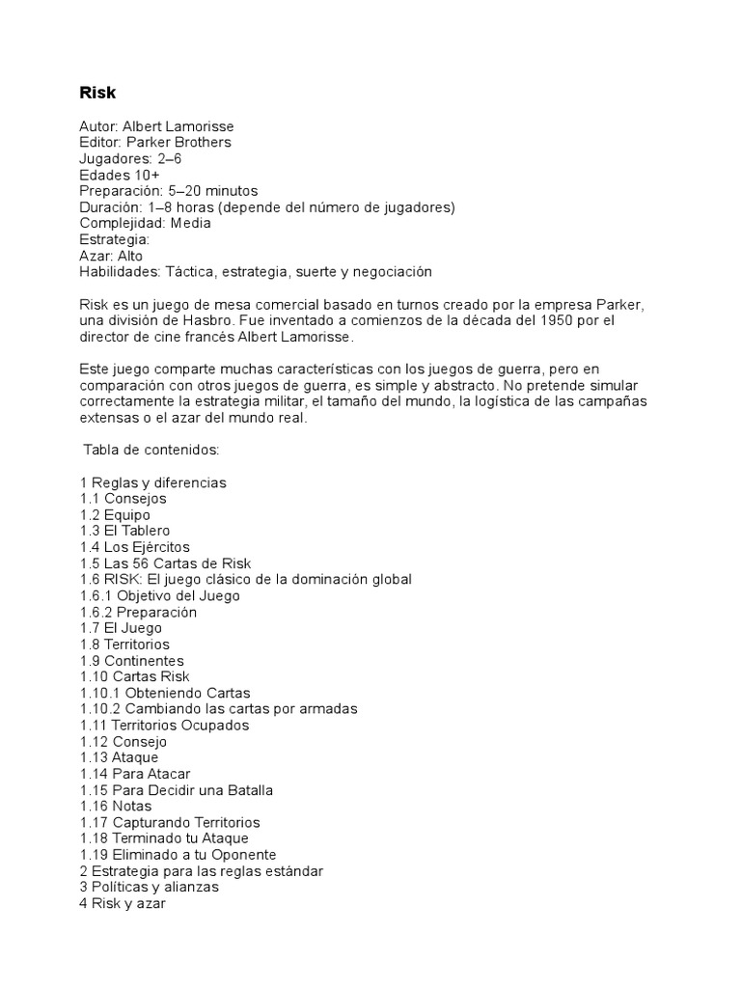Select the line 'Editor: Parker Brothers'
[155, 143]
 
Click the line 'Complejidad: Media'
[145, 223]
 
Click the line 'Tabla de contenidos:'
[151, 450]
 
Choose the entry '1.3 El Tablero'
[124, 531]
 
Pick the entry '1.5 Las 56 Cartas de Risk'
[165, 563]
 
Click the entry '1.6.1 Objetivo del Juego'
[160, 596]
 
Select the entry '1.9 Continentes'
[131, 661]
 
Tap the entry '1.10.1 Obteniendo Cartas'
[165, 693]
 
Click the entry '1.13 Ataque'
[119, 758]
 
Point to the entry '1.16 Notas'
[116, 807]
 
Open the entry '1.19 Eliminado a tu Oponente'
[178, 855]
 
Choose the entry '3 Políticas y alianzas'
[149, 887]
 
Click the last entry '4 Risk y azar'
[123, 904]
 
